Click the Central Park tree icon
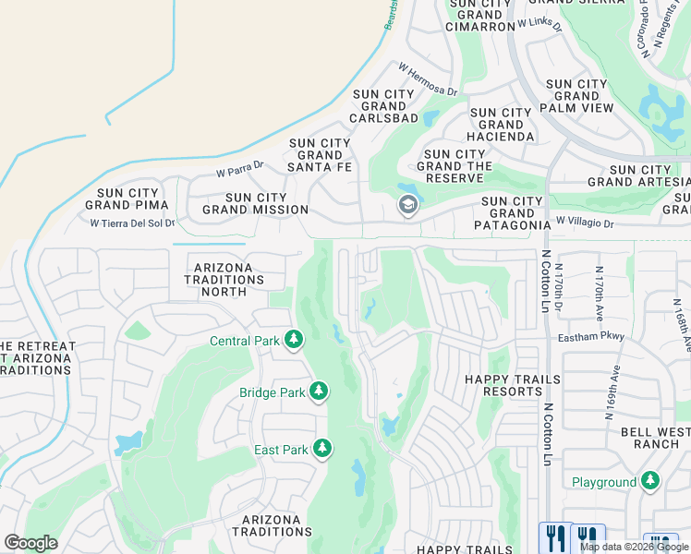point(294,341)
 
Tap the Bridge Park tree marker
point(319,392)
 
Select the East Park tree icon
point(321,450)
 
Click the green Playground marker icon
point(650,481)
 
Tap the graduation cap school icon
point(406,205)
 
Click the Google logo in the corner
point(30,543)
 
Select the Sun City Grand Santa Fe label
point(321,154)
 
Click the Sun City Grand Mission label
point(255,203)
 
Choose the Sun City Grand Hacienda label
point(502,125)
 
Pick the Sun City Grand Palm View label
point(577,96)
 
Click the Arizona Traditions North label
point(224,279)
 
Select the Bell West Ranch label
point(656,437)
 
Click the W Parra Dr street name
point(239,170)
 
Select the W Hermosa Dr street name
point(428,79)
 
